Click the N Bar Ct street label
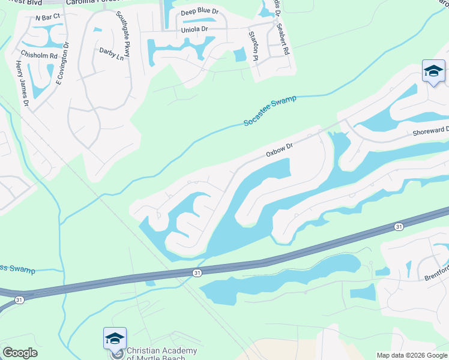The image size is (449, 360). point(48,17)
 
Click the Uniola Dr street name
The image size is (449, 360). point(194,29)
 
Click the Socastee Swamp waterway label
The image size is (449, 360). point(270,110)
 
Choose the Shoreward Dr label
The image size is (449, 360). point(430,133)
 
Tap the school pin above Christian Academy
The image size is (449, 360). point(115,338)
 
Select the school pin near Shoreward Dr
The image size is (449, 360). point(433,71)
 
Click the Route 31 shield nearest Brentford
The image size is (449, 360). point(399,226)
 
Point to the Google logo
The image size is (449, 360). point(20,353)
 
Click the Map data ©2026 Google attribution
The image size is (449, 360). point(411,355)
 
